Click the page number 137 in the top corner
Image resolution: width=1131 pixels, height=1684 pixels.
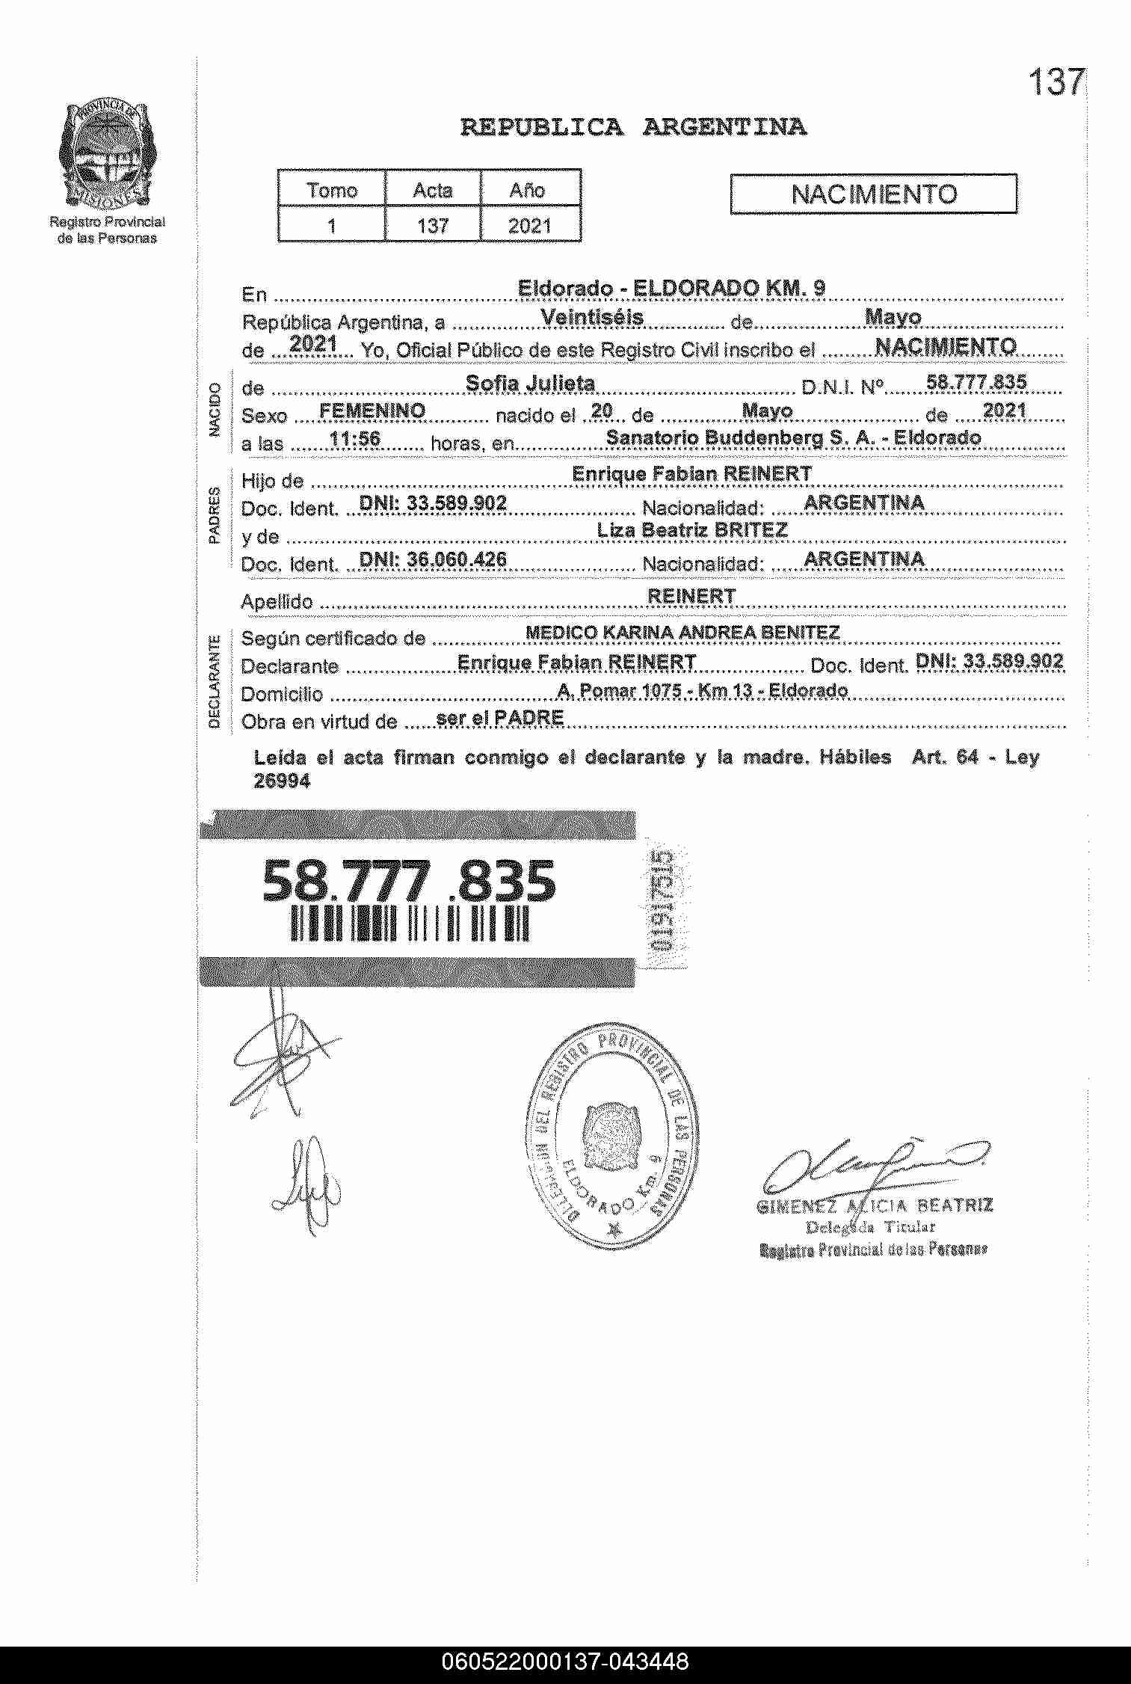pos(1056,82)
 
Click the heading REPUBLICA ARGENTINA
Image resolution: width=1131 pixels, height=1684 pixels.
pos(633,127)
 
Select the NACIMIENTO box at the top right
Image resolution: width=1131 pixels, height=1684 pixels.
pos(873,194)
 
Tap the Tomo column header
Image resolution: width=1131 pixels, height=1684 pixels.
pos(332,190)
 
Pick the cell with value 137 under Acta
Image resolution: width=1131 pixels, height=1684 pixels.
pos(433,225)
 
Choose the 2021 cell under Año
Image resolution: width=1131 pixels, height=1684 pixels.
pos(530,225)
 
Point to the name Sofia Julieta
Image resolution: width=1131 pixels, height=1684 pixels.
pos(530,384)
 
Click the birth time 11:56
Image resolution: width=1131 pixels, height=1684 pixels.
pos(355,439)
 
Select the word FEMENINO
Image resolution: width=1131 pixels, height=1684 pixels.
pos(372,411)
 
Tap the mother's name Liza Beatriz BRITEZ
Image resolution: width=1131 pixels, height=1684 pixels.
pos(692,530)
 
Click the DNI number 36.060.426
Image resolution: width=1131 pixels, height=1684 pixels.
pos(433,559)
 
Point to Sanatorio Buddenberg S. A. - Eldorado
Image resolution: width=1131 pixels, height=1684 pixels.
pos(793,437)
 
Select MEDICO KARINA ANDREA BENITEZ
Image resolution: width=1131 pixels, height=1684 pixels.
pos(682,633)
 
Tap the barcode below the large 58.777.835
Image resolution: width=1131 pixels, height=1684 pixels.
pos(410,924)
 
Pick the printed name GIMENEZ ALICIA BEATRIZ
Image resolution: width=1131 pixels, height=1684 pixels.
pos(875,1205)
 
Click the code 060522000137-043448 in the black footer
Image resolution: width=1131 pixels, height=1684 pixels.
pos(565,1662)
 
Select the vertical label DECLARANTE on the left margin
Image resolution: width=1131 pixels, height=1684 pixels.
pos(215,680)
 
